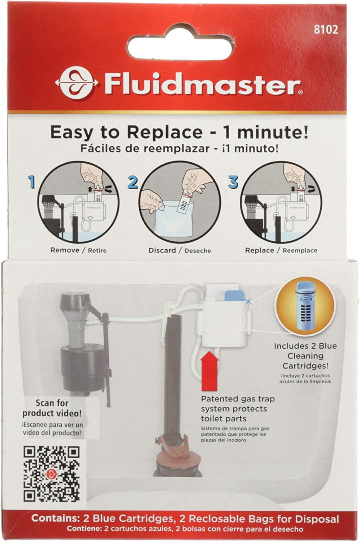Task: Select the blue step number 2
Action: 133,181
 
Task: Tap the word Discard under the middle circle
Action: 162,250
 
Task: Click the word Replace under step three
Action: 259,250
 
